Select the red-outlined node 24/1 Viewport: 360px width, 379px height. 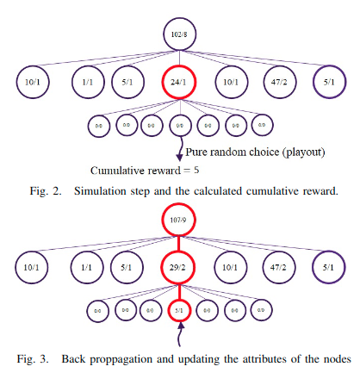tap(180, 83)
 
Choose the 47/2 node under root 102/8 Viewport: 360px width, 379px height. tap(282, 83)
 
